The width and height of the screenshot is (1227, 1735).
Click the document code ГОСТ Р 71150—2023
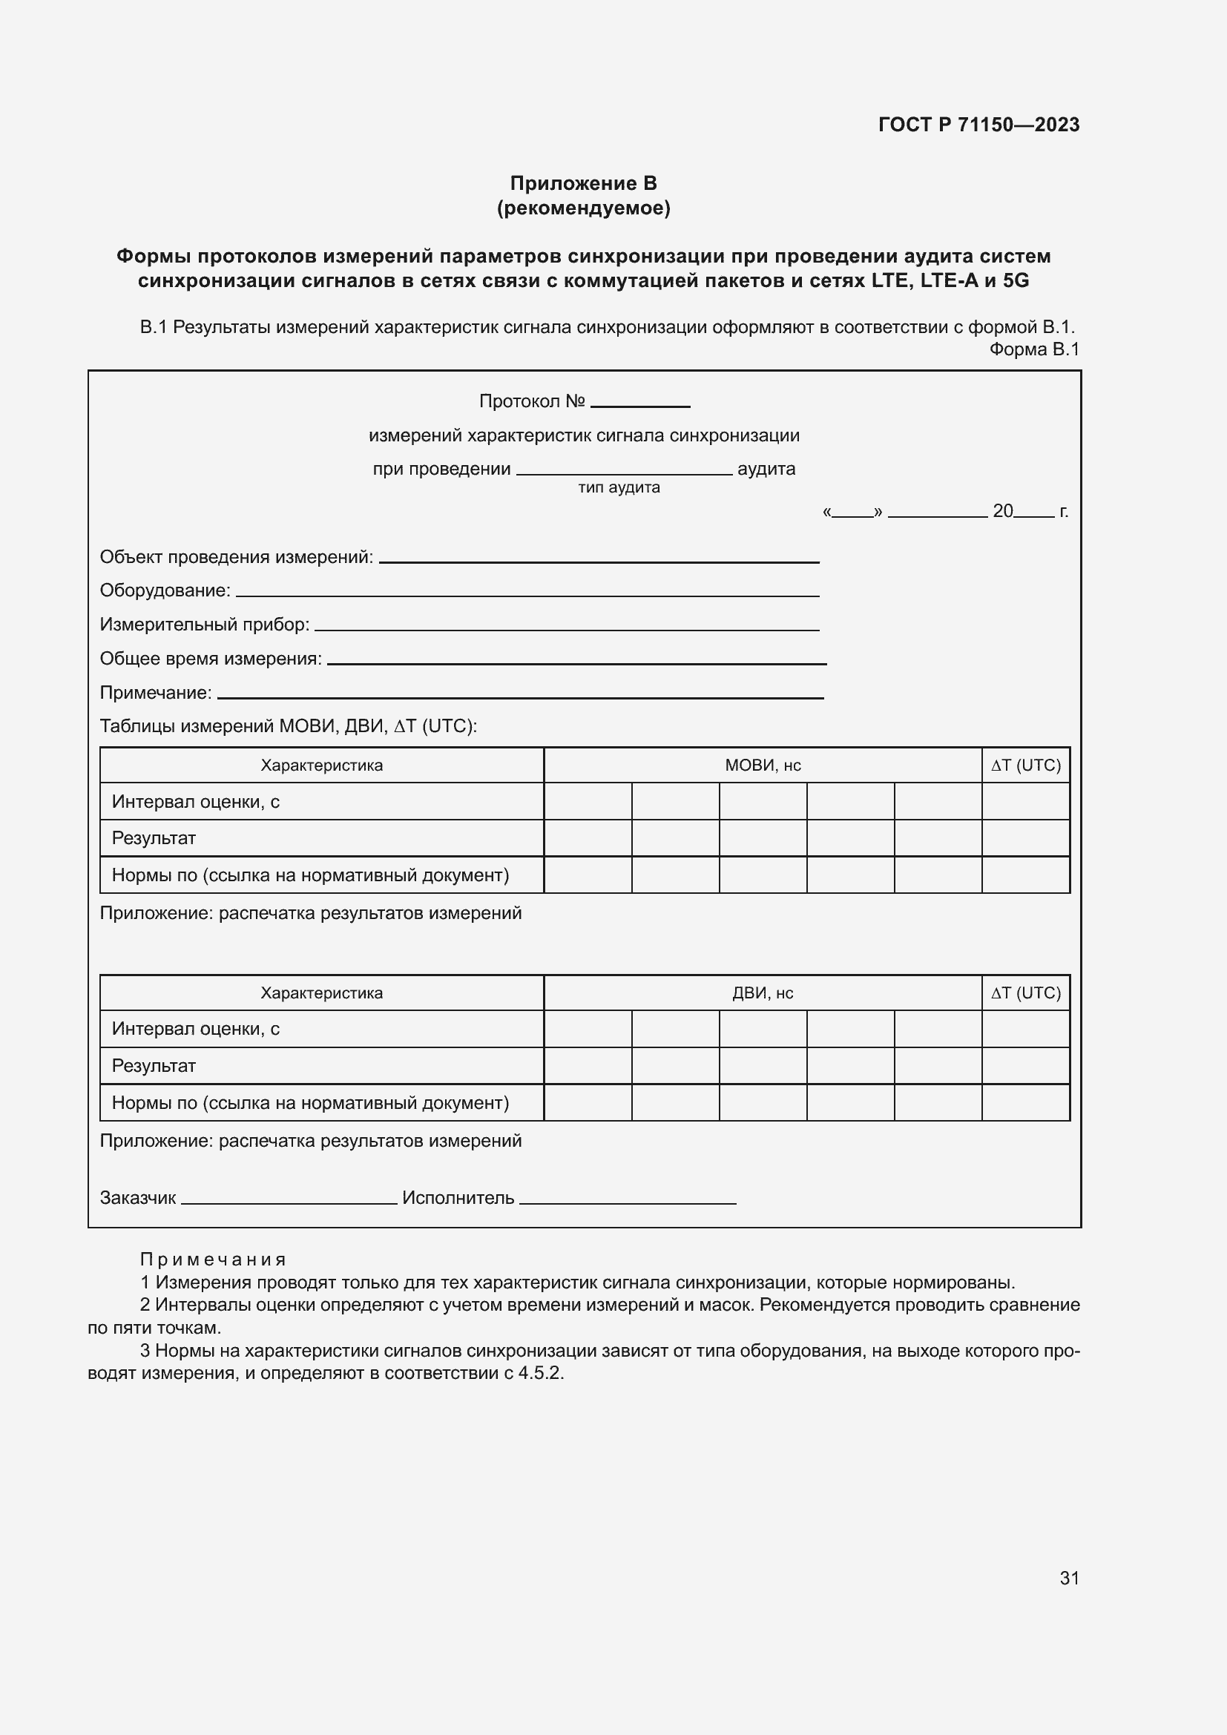click(978, 125)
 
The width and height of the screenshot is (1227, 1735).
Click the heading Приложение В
click(583, 184)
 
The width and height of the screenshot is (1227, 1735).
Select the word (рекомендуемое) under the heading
click(583, 208)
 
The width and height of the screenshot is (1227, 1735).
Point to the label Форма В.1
click(1033, 349)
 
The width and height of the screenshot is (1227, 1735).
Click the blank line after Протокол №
click(640, 404)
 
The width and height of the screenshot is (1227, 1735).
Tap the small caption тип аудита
click(619, 487)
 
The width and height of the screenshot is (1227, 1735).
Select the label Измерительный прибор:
click(205, 624)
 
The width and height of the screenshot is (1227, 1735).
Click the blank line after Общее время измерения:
click(576, 662)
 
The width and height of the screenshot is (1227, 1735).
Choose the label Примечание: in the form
click(156, 692)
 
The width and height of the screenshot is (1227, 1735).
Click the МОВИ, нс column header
click(763, 766)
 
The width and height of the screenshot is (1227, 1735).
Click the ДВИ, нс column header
click(763, 993)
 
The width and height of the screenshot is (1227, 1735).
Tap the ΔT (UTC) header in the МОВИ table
click(1025, 766)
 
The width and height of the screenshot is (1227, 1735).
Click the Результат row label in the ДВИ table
click(154, 1066)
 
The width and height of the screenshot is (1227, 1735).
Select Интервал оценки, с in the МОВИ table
click(196, 802)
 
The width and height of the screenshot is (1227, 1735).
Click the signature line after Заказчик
click(289, 1202)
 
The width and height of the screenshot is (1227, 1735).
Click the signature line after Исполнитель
click(627, 1202)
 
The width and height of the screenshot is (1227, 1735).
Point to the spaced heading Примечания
click(213, 1260)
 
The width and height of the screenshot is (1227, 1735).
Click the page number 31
click(1069, 1578)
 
